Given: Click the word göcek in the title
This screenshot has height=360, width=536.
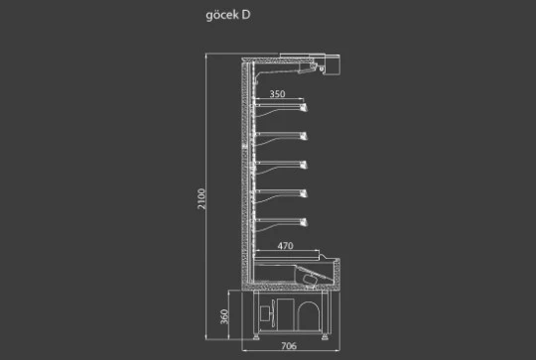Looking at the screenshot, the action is click(222, 15).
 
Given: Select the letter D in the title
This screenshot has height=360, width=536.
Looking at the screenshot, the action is click(246, 15).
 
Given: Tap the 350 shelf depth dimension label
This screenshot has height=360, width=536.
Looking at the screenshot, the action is click(277, 94).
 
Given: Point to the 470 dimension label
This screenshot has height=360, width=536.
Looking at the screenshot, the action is click(285, 246).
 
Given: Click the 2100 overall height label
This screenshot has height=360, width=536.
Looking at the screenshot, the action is click(201, 198).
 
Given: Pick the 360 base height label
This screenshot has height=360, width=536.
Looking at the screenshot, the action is click(224, 316).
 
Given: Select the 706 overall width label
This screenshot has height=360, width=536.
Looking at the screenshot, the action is click(289, 346).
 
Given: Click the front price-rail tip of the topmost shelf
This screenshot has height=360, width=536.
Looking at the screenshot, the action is click(304, 107).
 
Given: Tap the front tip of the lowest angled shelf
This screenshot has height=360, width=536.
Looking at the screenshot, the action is click(304, 223).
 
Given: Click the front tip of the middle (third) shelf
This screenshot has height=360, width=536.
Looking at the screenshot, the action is click(304, 166).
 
